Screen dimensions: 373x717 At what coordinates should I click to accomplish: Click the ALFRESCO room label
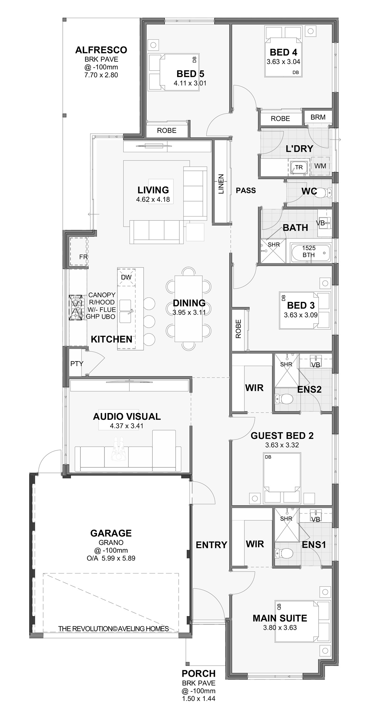pyautogui.click(x=101, y=50)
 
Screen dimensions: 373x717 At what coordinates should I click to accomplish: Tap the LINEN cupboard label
pyautogui.click(x=221, y=184)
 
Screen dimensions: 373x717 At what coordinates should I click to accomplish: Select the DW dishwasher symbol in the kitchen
pyautogui.click(x=126, y=277)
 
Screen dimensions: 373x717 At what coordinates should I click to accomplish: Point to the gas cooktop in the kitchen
pyautogui.click(x=76, y=308)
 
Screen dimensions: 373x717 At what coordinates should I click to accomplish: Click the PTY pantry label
pyautogui.click(x=77, y=363)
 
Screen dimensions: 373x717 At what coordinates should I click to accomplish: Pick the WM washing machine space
pyautogui.click(x=320, y=166)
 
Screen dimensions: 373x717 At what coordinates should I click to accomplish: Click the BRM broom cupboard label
pyautogui.click(x=318, y=117)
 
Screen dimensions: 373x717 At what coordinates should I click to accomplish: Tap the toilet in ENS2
pyautogui.click(x=284, y=398)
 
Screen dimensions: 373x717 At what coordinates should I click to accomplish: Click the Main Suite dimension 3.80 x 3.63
pyautogui.click(x=280, y=628)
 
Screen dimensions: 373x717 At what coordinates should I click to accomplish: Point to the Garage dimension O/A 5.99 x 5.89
pyautogui.click(x=111, y=558)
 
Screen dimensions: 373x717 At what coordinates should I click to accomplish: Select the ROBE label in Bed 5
pyautogui.click(x=167, y=130)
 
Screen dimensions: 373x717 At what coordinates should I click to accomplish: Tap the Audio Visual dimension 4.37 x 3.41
pyautogui.click(x=127, y=426)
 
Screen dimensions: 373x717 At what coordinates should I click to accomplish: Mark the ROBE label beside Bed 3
pyautogui.click(x=238, y=329)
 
